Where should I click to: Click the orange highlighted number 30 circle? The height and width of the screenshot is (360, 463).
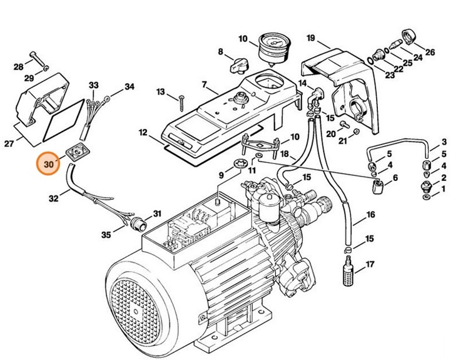(48, 166)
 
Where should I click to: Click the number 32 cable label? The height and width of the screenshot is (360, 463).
(54, 198)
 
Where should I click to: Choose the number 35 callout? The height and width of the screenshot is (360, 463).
(107, 234)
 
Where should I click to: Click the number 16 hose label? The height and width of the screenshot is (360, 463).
(370, 215)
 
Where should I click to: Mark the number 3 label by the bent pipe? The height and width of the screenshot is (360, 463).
(444, 142)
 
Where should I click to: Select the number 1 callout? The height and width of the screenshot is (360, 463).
(444, 188)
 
